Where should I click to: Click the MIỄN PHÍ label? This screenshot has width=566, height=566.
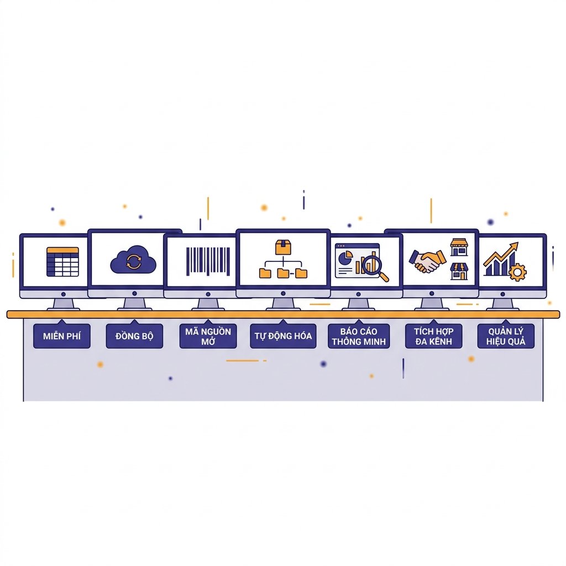click(x=62, y=336)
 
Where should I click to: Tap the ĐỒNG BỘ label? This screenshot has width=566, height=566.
click(x=134, y=336)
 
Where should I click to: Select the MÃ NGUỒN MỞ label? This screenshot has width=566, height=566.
click(x=208, y=336)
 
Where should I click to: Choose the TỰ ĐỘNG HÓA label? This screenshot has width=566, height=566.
click(x=283, y=336)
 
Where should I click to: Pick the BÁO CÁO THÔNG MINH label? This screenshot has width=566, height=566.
click(x=359, y=336)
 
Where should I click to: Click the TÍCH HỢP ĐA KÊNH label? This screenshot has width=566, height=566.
click(x=433, y=336)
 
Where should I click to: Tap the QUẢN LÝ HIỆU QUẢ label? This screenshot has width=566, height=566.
click(x=506, y=336)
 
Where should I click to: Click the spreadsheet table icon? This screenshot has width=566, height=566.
click(x=63, y=261)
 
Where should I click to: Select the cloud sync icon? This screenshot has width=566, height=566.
click(x=133, y=260)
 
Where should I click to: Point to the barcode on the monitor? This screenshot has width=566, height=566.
click(x=208, y=261)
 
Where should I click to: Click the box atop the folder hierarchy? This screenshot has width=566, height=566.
click(x=283, y=247)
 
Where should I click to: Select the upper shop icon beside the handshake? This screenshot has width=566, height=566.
click(x=459, y=247)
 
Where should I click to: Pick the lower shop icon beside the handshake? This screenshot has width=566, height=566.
click(x=459, y=271)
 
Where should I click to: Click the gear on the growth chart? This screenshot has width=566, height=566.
click(x=517, y=272)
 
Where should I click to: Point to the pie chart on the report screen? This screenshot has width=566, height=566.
click(x=345, y=258)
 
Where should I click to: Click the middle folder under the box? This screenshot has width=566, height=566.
click(x=283, y=273)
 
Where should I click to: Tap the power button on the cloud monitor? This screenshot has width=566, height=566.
click(x=135, y=294)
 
